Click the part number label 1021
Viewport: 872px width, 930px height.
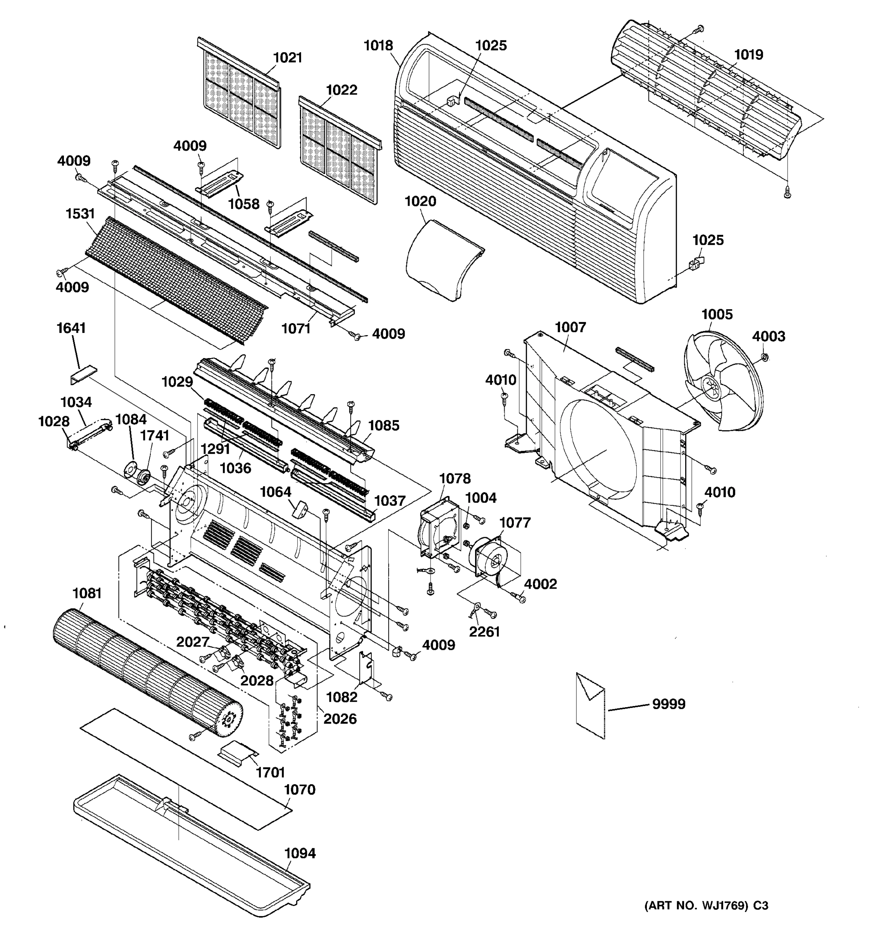[x=287, y=58]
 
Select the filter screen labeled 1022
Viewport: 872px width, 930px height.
[x=339, y=150]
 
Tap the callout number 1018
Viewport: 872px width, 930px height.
[x=379, y=45]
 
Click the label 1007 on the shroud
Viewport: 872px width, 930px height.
[x=570, y=327]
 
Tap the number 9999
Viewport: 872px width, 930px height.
[x=669, y=704]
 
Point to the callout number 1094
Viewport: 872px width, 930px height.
[x=300, y=853]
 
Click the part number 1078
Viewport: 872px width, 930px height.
[x=455, y=479]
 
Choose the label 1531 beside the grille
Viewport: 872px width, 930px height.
[x=80, y=214]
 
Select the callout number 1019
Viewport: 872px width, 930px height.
[x=748, y=55]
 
